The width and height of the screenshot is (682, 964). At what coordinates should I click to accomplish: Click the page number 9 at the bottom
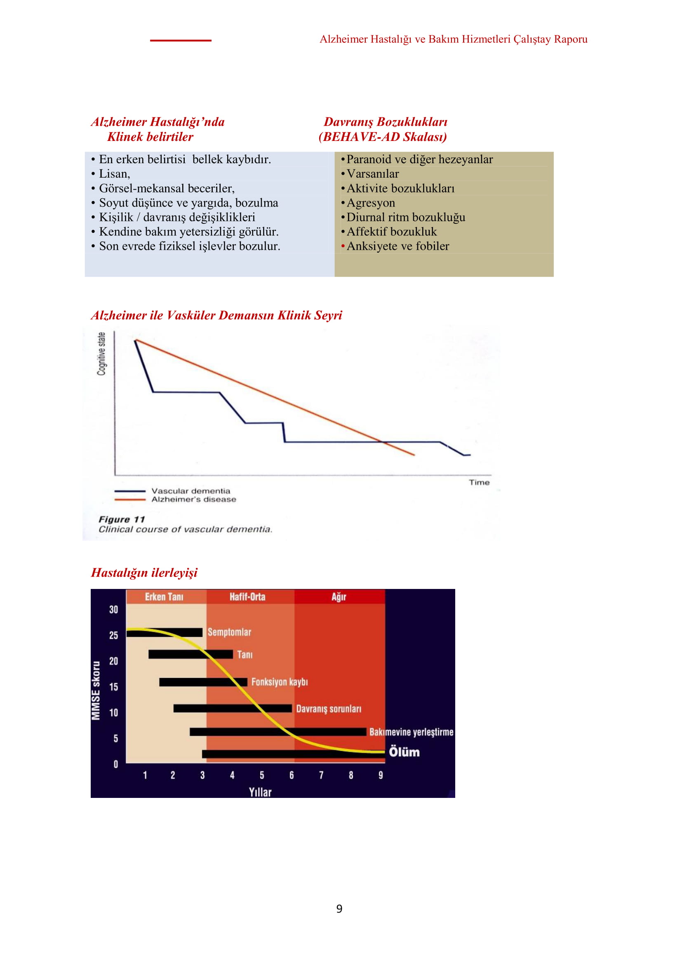coord(339,909)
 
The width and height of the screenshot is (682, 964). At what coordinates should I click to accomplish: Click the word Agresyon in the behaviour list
coord(371,203)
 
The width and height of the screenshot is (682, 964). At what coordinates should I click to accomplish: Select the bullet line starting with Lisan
coord(111,174)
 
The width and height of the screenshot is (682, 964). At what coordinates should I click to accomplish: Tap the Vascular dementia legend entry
coord(173,491)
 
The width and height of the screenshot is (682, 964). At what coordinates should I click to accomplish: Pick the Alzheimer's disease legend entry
coord(176,499)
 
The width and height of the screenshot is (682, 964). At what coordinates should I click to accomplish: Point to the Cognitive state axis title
coord(101,354)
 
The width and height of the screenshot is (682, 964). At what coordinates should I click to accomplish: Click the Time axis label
coord(479,483)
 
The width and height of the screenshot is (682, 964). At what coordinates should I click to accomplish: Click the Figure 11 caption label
coord(122,519)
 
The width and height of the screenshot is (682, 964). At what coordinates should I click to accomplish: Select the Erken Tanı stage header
coord(164,597)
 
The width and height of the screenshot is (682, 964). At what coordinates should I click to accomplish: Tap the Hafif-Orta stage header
coord(247,597)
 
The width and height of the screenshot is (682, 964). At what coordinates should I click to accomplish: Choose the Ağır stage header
coord(339,597)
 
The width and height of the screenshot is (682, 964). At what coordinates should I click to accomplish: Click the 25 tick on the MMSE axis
coord(113,635)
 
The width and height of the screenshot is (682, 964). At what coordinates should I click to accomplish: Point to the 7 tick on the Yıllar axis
coord(321,775)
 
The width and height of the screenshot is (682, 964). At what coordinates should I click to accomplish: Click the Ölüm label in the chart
coord(404,752)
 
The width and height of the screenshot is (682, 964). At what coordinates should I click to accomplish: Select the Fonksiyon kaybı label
coord(280,682)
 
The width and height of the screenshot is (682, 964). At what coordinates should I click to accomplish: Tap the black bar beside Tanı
coord(190,654)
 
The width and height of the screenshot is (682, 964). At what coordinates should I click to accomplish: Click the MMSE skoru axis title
coord(96,691)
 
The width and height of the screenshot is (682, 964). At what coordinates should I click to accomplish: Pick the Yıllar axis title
coord(260,792)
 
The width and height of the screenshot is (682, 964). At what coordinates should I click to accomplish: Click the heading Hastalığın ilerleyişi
coord(144,573)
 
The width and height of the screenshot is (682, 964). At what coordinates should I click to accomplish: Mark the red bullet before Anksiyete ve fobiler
coord(343,246)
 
